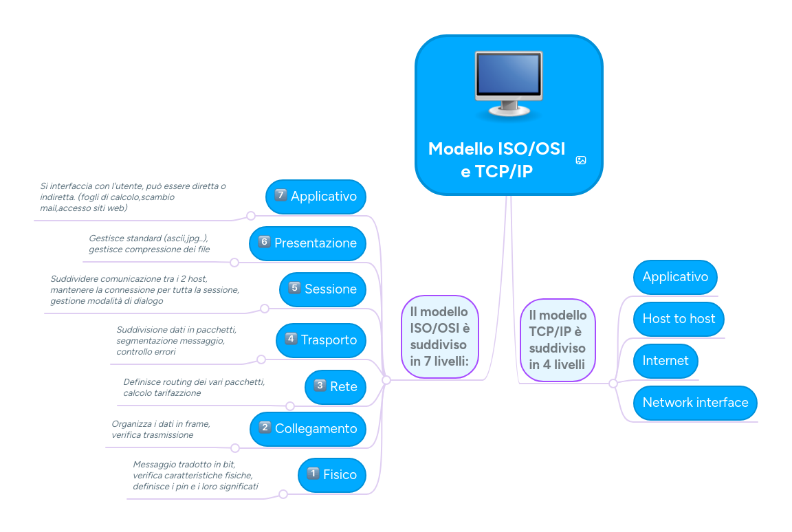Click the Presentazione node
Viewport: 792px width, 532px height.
click(307, 243)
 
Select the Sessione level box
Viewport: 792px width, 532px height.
click(322, 289)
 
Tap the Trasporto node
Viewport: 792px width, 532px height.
click(320, 340)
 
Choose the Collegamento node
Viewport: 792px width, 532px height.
click(307, 428)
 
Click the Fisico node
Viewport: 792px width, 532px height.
click(331, 474)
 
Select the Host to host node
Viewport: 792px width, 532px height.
click(678, 318)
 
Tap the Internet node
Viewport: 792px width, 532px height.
click(665, 360)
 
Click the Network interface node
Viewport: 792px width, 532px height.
click(694, 402)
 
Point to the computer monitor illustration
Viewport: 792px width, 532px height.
click(509, 84)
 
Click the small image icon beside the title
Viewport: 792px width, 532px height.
click(581, 160)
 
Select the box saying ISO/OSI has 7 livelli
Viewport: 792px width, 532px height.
click(439, 337)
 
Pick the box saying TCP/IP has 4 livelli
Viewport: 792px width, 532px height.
click(558, 340)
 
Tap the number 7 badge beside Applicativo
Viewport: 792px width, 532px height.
click(280, 195)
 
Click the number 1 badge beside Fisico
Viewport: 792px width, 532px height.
click(313, 474)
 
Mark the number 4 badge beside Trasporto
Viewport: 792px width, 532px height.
click(291, 339)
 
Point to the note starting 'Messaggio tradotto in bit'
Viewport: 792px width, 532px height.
click(195, 476)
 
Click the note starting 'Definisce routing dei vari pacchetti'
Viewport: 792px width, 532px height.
click(193, 387)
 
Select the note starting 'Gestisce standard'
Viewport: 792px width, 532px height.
click(148, 243)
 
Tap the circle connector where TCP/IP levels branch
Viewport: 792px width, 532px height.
click(613, 384)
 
